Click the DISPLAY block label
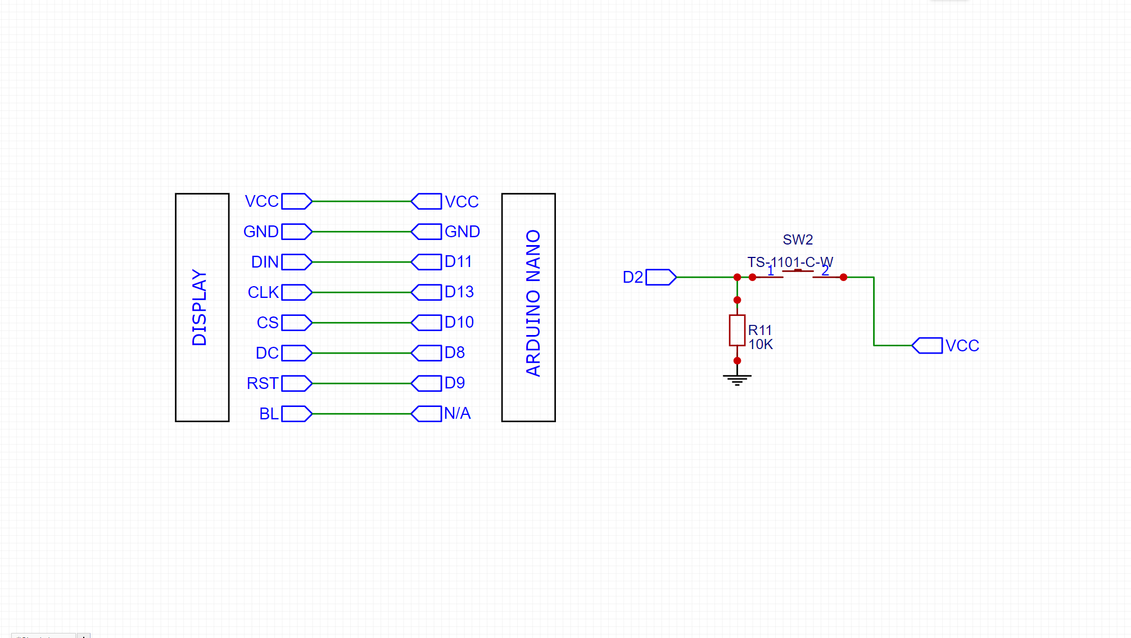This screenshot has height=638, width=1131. click(200, 307)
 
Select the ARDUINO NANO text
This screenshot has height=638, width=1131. click(533, 303)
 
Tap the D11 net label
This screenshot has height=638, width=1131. click(458, 262)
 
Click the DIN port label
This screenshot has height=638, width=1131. click(265, 262)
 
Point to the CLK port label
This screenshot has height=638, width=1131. click(263, 292)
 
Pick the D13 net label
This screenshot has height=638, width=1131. click(459, 292)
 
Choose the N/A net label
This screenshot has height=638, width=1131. click(457, 414)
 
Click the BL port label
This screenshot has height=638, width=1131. click(269, 414)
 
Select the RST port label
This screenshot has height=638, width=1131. click(263, 383)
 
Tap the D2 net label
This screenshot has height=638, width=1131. click(632, 277)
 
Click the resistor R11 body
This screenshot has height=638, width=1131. click(737, 331)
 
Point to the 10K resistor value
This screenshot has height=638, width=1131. click(761, 345)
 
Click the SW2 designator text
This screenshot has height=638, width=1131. click(798, 240)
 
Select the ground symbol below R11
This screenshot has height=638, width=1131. click(737, 379)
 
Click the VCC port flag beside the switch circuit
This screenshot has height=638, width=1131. click(928, 346)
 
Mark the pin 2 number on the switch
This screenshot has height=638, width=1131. click(825, 271)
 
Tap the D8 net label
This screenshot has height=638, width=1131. click(454, 353)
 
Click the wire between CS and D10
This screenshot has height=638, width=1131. click(361, 323)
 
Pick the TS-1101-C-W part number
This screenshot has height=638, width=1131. click(790, 262)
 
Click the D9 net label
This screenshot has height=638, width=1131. click(454, 383)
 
